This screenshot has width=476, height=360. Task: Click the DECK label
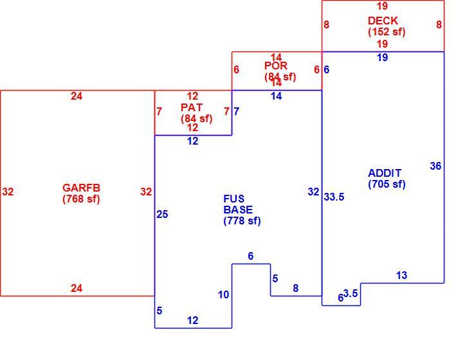[x=383, y=21]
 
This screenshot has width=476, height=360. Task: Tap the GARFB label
[x=81, y=188]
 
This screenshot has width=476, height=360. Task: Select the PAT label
[x=191, y=107]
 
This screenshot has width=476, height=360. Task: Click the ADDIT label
[x=385, y=173]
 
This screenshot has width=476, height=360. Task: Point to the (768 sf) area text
[x=81, y=199]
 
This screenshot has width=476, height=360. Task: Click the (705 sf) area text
[x=387, y=184]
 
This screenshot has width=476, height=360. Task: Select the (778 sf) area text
[x=242, y=221]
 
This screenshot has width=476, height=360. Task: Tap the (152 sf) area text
[x=387, y=32]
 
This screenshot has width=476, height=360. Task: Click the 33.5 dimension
[x=334, y=197]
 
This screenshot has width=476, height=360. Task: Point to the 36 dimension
[x=435, y=166]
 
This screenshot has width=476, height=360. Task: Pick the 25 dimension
[x=162, y=215]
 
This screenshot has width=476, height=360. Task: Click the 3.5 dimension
[x=351, y=293]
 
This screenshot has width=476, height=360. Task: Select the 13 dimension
[x=401, y=275]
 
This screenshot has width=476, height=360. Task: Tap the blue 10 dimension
[x=223, y=294]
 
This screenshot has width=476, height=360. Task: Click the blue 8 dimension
[x=295, y=288]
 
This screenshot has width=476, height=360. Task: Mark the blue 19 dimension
[x=382, y=57]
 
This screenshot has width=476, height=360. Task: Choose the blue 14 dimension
[x=276, y=96]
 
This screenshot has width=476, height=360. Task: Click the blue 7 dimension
[x=237, y=112]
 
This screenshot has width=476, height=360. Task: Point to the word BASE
[x=238, y=210]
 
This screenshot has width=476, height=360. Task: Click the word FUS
[x=233, y=199]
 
